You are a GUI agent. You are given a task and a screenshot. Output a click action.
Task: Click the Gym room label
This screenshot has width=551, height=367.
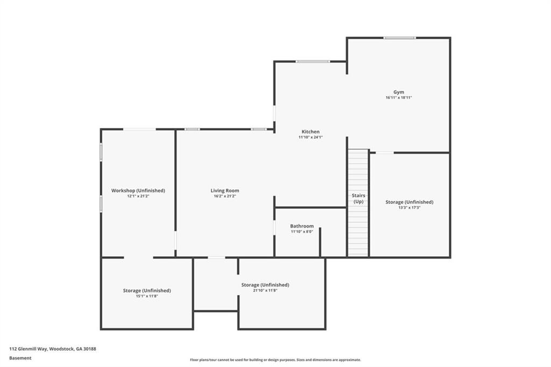[398, 92]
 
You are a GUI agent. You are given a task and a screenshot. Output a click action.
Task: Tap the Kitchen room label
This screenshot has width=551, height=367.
[310, 132]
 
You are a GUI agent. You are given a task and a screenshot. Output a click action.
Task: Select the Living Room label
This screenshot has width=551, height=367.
[225, 190]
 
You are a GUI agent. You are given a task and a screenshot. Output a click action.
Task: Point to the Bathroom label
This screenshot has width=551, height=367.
[302, 226]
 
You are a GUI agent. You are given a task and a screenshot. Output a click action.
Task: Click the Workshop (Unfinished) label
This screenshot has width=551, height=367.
[138, 190]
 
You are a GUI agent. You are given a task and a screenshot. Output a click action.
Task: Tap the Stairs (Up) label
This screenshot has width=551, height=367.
[358, 198]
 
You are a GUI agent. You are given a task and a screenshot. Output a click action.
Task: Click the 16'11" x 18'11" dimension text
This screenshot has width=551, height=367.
[398, 97]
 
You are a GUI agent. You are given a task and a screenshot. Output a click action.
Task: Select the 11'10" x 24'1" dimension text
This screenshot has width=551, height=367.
[310, 137]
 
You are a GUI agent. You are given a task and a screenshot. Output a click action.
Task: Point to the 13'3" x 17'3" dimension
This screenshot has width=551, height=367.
[409, 207]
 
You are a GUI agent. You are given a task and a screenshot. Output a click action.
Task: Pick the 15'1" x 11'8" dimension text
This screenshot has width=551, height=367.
[147, 295]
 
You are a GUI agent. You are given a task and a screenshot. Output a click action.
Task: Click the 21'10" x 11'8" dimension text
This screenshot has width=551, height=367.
[265, 290]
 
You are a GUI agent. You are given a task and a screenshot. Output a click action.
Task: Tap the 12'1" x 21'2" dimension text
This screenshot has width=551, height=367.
[138, 196]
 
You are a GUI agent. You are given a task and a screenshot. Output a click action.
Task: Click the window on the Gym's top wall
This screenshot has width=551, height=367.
[399, 38]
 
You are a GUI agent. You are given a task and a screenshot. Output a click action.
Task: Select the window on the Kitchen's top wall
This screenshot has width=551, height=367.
[313, 61]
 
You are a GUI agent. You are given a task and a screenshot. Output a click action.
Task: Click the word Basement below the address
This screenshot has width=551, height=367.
[20, 358]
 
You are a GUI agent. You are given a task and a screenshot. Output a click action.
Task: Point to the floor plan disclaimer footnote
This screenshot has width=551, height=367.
[275, 360]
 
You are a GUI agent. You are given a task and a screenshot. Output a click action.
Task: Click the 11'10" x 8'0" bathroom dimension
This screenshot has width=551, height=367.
[302, 231]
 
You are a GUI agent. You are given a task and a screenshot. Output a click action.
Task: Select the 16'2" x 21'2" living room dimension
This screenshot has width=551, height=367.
[225, 196]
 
